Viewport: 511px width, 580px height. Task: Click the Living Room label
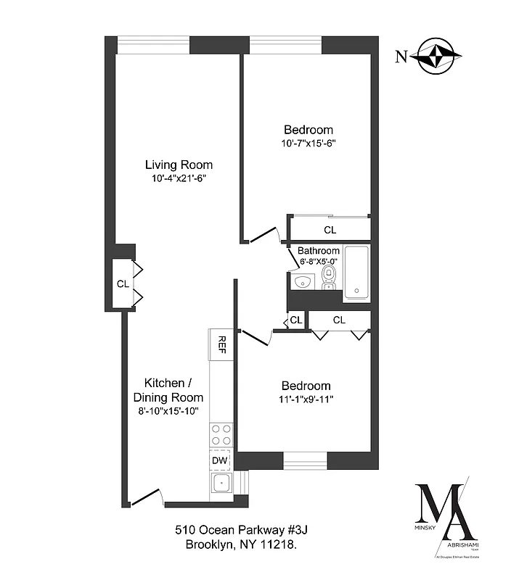click(x=179, y=165)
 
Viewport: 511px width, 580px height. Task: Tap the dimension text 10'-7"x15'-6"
click(x=308, y=144)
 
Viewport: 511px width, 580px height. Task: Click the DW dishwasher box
click(x=220, y=460)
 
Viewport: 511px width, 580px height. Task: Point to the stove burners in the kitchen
click(x=221, y=434)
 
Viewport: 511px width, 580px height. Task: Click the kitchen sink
click(x=220, y=484)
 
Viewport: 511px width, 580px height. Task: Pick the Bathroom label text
click(x=319, y=251)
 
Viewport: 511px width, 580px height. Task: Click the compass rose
click(x=437, y=56)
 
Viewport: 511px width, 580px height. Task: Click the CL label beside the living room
click(x=123, y=283)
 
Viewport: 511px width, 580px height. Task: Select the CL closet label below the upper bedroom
click(x=330, y=230)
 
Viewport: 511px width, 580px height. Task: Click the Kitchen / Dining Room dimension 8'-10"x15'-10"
click(x=168, y=411)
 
